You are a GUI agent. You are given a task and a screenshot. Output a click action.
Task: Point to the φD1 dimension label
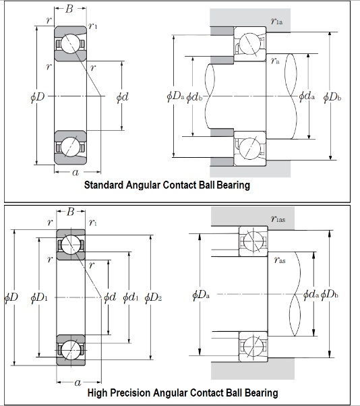[39, 297]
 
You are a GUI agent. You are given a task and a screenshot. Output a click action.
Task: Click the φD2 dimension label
[153, 297]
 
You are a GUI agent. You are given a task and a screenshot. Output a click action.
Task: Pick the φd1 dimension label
[131, 297]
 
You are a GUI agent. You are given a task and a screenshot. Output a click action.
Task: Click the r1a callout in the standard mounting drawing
[276, 22]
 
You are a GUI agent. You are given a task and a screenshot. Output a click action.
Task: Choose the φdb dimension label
[195, 97]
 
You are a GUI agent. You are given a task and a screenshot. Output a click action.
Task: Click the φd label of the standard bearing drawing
[122, 97]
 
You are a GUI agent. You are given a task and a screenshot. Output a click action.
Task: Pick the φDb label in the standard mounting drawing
[331, 97]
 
